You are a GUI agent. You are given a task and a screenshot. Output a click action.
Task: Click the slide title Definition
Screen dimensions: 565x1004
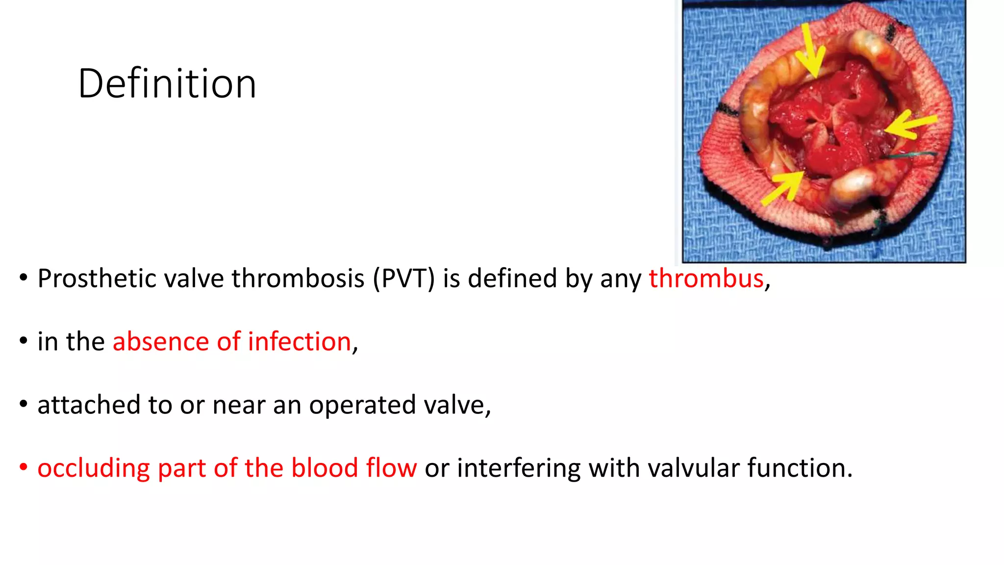(x=167, y=84)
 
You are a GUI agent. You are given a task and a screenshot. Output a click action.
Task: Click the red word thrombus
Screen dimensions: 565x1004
(x=706, y=279)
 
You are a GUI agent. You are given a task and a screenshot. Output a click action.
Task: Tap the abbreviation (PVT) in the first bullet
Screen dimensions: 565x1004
(x=403, y=279)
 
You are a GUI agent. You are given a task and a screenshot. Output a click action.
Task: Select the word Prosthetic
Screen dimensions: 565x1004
(x=97, y=279)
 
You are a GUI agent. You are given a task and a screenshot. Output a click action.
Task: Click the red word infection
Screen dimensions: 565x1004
(x=299, y=341)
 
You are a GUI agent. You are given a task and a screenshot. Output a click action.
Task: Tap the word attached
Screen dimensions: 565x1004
(x=89, y=405)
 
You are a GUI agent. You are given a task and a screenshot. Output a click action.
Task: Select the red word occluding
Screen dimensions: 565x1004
(x=94, y=468)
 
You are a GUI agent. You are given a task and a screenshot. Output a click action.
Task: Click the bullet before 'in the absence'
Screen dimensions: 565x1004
(x=23, y=340)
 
